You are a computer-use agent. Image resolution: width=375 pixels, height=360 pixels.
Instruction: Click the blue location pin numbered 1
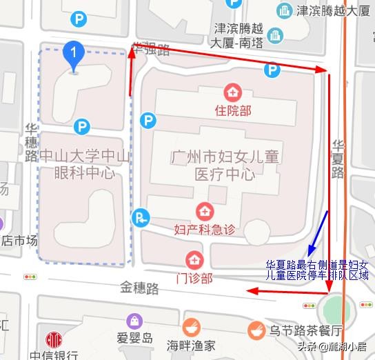point(73,53)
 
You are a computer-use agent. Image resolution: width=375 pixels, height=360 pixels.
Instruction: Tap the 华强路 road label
point(151,50)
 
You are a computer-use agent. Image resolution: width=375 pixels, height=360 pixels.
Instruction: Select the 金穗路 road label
point(140,286)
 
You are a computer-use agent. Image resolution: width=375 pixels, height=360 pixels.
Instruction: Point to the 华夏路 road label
point(338,158)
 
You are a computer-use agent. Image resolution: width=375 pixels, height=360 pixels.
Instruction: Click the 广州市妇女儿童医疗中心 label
point(225,165)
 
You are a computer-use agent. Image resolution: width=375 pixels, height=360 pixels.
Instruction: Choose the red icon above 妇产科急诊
point(205,210)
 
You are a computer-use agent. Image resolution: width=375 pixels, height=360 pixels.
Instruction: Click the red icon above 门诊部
point(195,259)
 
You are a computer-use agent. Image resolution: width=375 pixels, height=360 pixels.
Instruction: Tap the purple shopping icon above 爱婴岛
point(135,321)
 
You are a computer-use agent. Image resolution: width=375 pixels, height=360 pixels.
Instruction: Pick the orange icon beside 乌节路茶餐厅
point(257,329)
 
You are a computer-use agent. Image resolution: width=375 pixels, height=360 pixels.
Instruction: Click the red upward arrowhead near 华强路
point(131,56)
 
